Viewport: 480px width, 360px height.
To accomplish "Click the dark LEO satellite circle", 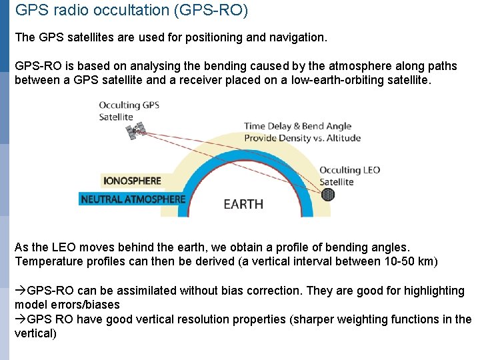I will pos(328,195).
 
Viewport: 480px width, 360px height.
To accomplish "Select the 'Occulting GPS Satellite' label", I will pos(129,111).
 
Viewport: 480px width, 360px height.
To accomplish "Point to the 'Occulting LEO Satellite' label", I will pos(349,175).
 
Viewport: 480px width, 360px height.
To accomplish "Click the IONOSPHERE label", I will pos(132,180).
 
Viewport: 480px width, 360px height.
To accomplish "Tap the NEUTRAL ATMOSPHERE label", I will pos(133,199).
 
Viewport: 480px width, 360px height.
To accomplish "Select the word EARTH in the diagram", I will pos(243,204).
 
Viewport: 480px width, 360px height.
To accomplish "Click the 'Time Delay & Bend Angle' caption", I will pos(297,126).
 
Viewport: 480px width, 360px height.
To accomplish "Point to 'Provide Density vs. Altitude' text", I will pos(302,138).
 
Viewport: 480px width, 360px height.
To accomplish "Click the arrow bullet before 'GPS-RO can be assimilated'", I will pos(21,291).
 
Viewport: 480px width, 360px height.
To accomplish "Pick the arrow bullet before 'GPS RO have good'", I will pos(21,319).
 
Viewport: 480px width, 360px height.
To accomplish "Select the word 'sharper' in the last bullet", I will pos(314,319).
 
